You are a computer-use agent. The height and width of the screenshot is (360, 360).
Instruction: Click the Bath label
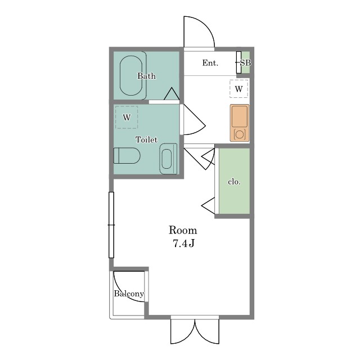click(x=146, y=76)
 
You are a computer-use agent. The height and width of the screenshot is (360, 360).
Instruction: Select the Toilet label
click(x=146, y=139)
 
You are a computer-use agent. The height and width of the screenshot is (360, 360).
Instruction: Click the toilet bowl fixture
click(x=127, y=155)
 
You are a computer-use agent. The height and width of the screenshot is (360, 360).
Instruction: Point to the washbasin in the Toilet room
click(x=168, y=159)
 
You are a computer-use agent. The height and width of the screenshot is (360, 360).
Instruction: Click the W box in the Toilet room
click(x=127, y=118)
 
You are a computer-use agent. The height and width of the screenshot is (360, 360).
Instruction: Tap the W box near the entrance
click(x=238, y=89)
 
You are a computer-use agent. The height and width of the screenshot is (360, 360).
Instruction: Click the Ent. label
click(x=210, y=62)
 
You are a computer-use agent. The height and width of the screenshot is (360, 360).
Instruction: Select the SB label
click(x=245, y=62)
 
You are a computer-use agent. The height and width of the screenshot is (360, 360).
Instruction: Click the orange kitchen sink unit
click(x=240, y=123)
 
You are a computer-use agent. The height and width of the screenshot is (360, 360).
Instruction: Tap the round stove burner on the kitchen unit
click(x=239, y=134)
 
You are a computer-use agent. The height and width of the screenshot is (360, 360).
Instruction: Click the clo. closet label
click(x=234, y=182)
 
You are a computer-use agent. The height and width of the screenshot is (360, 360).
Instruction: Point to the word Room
click(x=183, y=230)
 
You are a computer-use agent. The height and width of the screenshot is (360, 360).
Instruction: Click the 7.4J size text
click(x=183, y=244)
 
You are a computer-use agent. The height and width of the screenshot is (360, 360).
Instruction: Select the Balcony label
click(x=129, y=294)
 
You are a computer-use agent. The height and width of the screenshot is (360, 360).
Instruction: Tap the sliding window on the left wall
click(x=111, y=225)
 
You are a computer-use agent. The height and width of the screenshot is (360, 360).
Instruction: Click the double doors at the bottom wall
click(x=195, y=331)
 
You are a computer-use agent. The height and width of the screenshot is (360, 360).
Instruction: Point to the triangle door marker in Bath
click(x=172, y=94)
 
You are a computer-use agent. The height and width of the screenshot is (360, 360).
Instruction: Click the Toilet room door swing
click(x=192, y=119)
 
